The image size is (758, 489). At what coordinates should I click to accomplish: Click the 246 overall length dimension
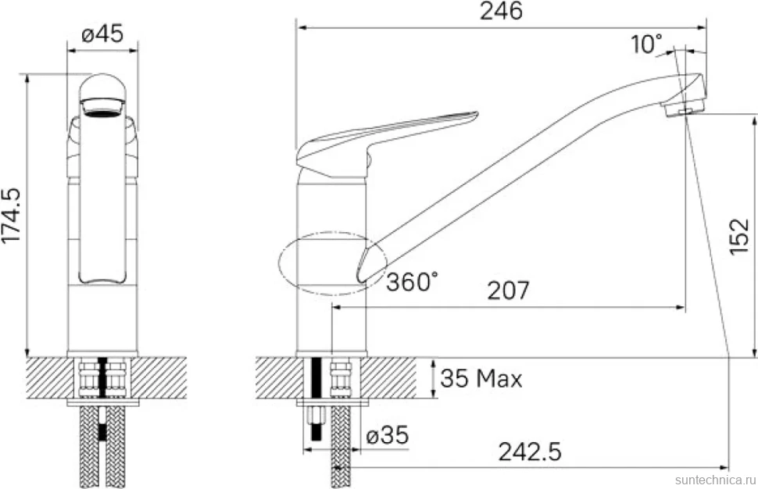[x=501, y=11]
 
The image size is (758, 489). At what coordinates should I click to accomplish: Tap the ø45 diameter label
[x=102, y=34]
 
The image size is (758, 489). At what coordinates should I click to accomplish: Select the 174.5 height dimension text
[x=11, y=216]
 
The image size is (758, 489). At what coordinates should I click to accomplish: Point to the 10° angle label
[x=646, y=45]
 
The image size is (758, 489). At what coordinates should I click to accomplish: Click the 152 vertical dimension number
[x=739, y=237]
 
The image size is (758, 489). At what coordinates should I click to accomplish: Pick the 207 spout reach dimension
[x=508, y=291]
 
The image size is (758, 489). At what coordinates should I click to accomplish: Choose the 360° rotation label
[x=412, y=282]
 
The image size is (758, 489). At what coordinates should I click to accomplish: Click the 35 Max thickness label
[x=481, y=378]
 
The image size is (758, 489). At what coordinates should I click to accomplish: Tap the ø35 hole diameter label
[x=388, y=435]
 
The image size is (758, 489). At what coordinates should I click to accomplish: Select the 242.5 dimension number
[x=530, y=452]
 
